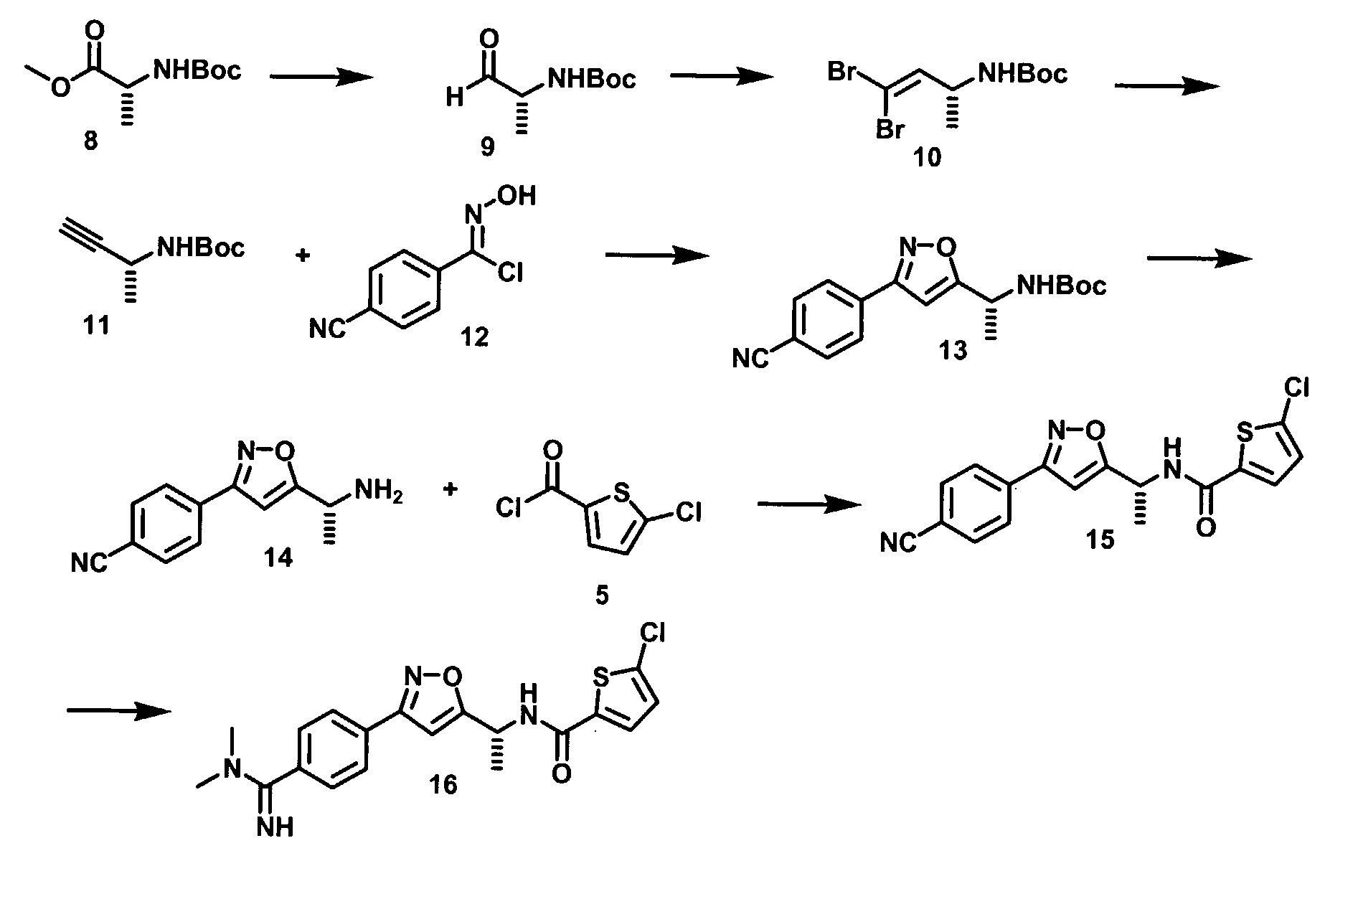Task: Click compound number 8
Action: coord(92,141)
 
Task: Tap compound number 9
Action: coord(486,147)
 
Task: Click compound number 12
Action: coord(475,335)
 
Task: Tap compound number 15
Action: coord(1100,539)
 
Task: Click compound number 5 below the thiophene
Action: coord(601,595)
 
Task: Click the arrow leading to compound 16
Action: coord(119,710)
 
